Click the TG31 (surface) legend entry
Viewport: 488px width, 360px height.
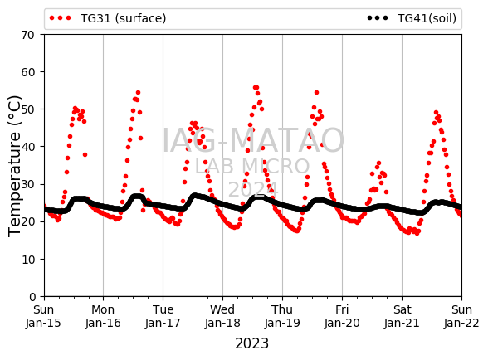coord(108,18)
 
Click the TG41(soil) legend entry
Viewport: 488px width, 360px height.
coord(412,18)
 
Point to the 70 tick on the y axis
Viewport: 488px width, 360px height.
coord(27,35)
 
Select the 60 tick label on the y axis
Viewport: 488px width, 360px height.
coord(27,72)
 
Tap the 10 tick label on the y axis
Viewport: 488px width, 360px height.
coord(27,260)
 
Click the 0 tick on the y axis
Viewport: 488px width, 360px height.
coord(32,297)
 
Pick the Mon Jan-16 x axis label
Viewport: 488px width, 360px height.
coord(103,316)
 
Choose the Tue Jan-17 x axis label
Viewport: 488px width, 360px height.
coord(163,316)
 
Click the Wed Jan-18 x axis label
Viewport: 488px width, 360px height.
coord(222,316)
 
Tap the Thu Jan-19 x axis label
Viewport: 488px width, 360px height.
coord(282,316)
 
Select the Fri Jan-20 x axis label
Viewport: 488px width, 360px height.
coord(342,316)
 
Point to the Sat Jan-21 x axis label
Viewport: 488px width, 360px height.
coord(402,316)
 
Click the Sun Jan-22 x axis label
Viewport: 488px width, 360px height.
coord(461,316)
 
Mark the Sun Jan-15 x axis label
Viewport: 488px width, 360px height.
coord(43,316)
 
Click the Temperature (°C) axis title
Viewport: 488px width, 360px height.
coord(14,166)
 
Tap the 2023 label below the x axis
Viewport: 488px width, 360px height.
coord(251,343)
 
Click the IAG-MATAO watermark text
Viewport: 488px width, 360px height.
coord(253,140)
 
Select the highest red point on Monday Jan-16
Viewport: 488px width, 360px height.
coord(138,92)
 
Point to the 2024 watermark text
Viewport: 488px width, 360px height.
coord(253,189)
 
